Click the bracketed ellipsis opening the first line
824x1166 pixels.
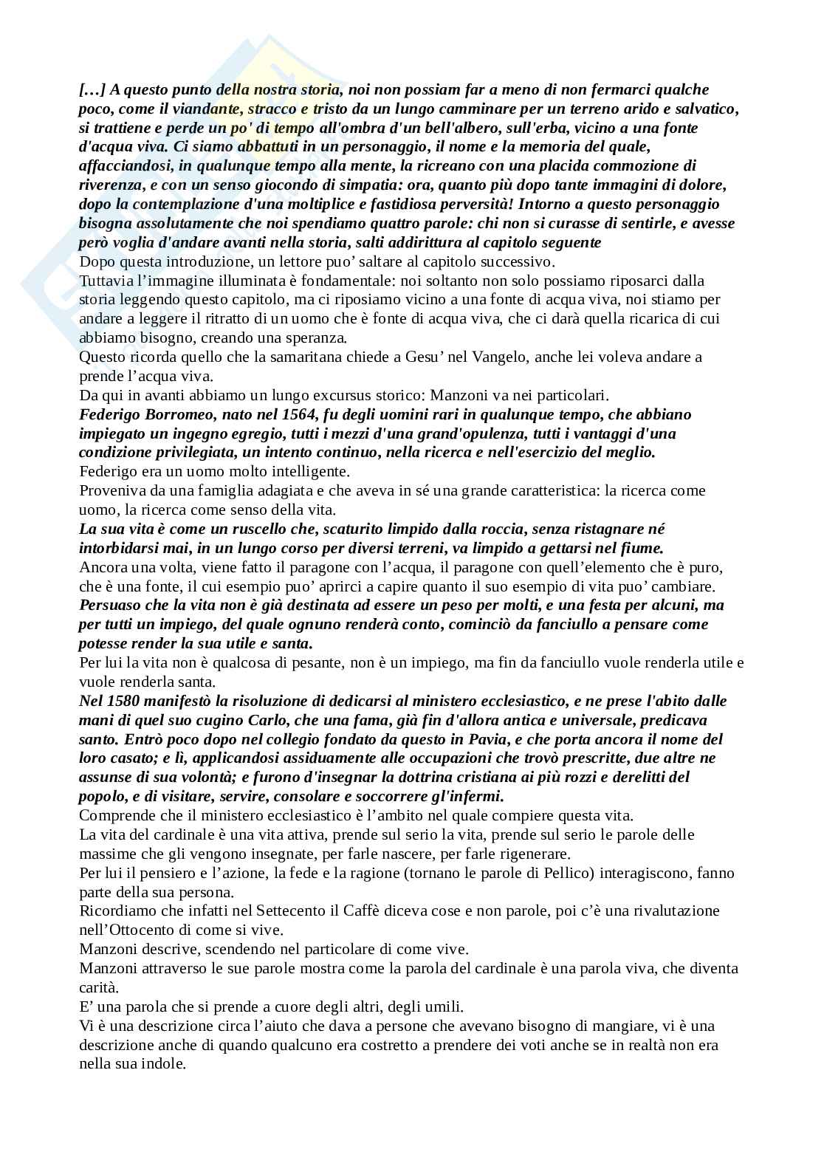click(92, 89)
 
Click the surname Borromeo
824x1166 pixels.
click(170, 414)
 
